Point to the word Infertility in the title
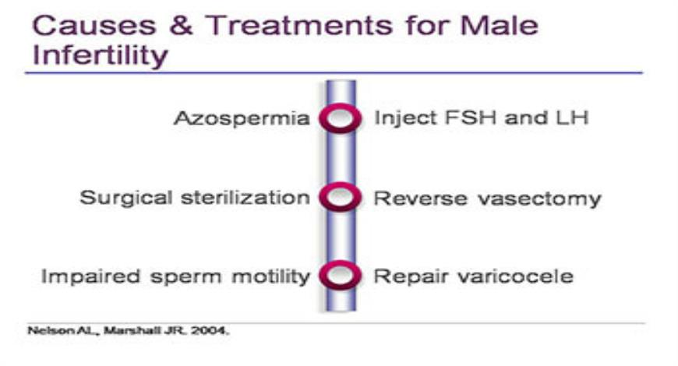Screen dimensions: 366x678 [101, 55]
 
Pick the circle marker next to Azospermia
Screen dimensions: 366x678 [340, 119]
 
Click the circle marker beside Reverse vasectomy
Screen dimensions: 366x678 [340, 198]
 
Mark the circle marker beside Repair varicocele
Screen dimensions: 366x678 [340, 276]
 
